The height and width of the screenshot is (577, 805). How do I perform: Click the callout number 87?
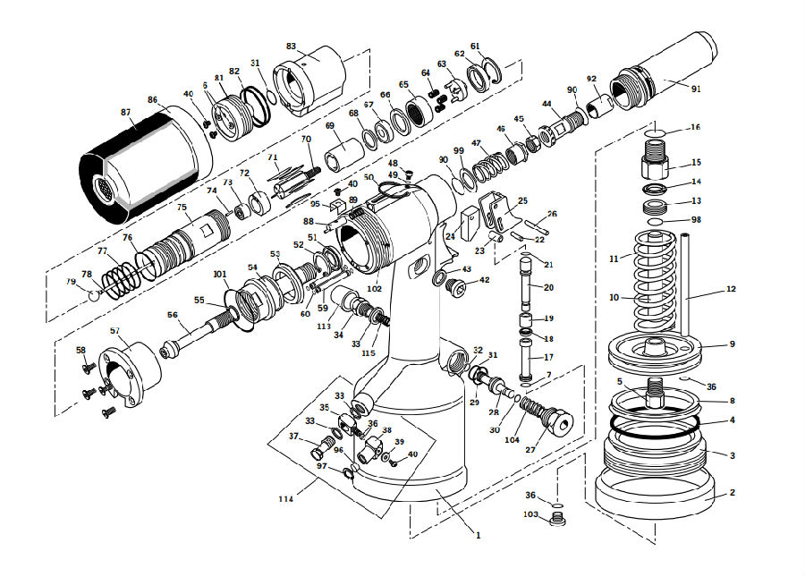pyautogui.click(x=126, y=113)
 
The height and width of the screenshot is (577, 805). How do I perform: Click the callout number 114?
pyautogui.click(x=286, y=499)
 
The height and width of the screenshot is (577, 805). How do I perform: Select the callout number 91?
pyautogui.click(x=696, y=89)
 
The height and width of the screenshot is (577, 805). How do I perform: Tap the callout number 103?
pyautogui.click(x=530, y=514)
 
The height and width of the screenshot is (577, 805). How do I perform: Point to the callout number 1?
pyautogui.click(x=478, y=536)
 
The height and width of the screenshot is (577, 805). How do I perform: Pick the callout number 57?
pyautogui.click(x=115, y=331)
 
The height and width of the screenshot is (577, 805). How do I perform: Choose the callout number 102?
pyautogui.click(x=374, y=289)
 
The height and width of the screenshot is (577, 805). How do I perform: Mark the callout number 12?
pyautogui.click(x=731, y=289)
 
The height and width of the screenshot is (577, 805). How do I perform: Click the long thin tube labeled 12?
pyautogui.click(x=685, y=284)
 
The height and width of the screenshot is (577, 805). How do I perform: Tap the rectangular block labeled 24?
pyautogui.click(x=470, y=224)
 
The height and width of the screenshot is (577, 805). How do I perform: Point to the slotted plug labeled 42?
pyautogui.click(x=456, y=286)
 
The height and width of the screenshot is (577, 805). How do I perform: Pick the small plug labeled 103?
pyautogui.click(x=557, y=519)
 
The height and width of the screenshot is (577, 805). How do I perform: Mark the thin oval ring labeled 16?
pyautogui.click(x=655, y=133)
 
